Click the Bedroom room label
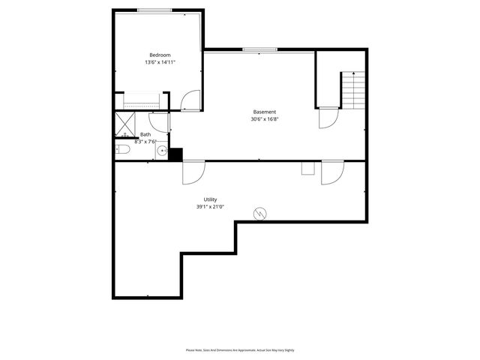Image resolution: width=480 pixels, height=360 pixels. click(160, 55)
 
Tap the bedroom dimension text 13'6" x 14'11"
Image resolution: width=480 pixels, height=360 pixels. click(160, 62)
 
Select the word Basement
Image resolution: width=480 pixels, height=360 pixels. click(265, 112)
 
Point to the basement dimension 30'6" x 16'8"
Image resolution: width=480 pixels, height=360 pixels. click(265, 119)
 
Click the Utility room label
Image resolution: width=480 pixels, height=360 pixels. click(211, 199)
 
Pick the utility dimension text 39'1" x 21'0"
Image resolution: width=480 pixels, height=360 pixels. click(211, 207)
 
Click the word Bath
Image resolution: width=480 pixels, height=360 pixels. click(145, 135)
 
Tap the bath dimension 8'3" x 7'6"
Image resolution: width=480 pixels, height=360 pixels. click(145, 141)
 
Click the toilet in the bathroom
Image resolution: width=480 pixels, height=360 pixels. click(124, 151)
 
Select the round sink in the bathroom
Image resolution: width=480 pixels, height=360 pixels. click(162, 151)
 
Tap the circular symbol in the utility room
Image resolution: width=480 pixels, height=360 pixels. click(260, 214)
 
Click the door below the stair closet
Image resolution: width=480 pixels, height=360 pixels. click(328, 118)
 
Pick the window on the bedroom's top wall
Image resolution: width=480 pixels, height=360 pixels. click(154, 10)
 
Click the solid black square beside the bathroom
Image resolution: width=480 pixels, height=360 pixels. click(175, 154)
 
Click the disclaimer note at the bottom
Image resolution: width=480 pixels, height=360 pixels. click(240, 350)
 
